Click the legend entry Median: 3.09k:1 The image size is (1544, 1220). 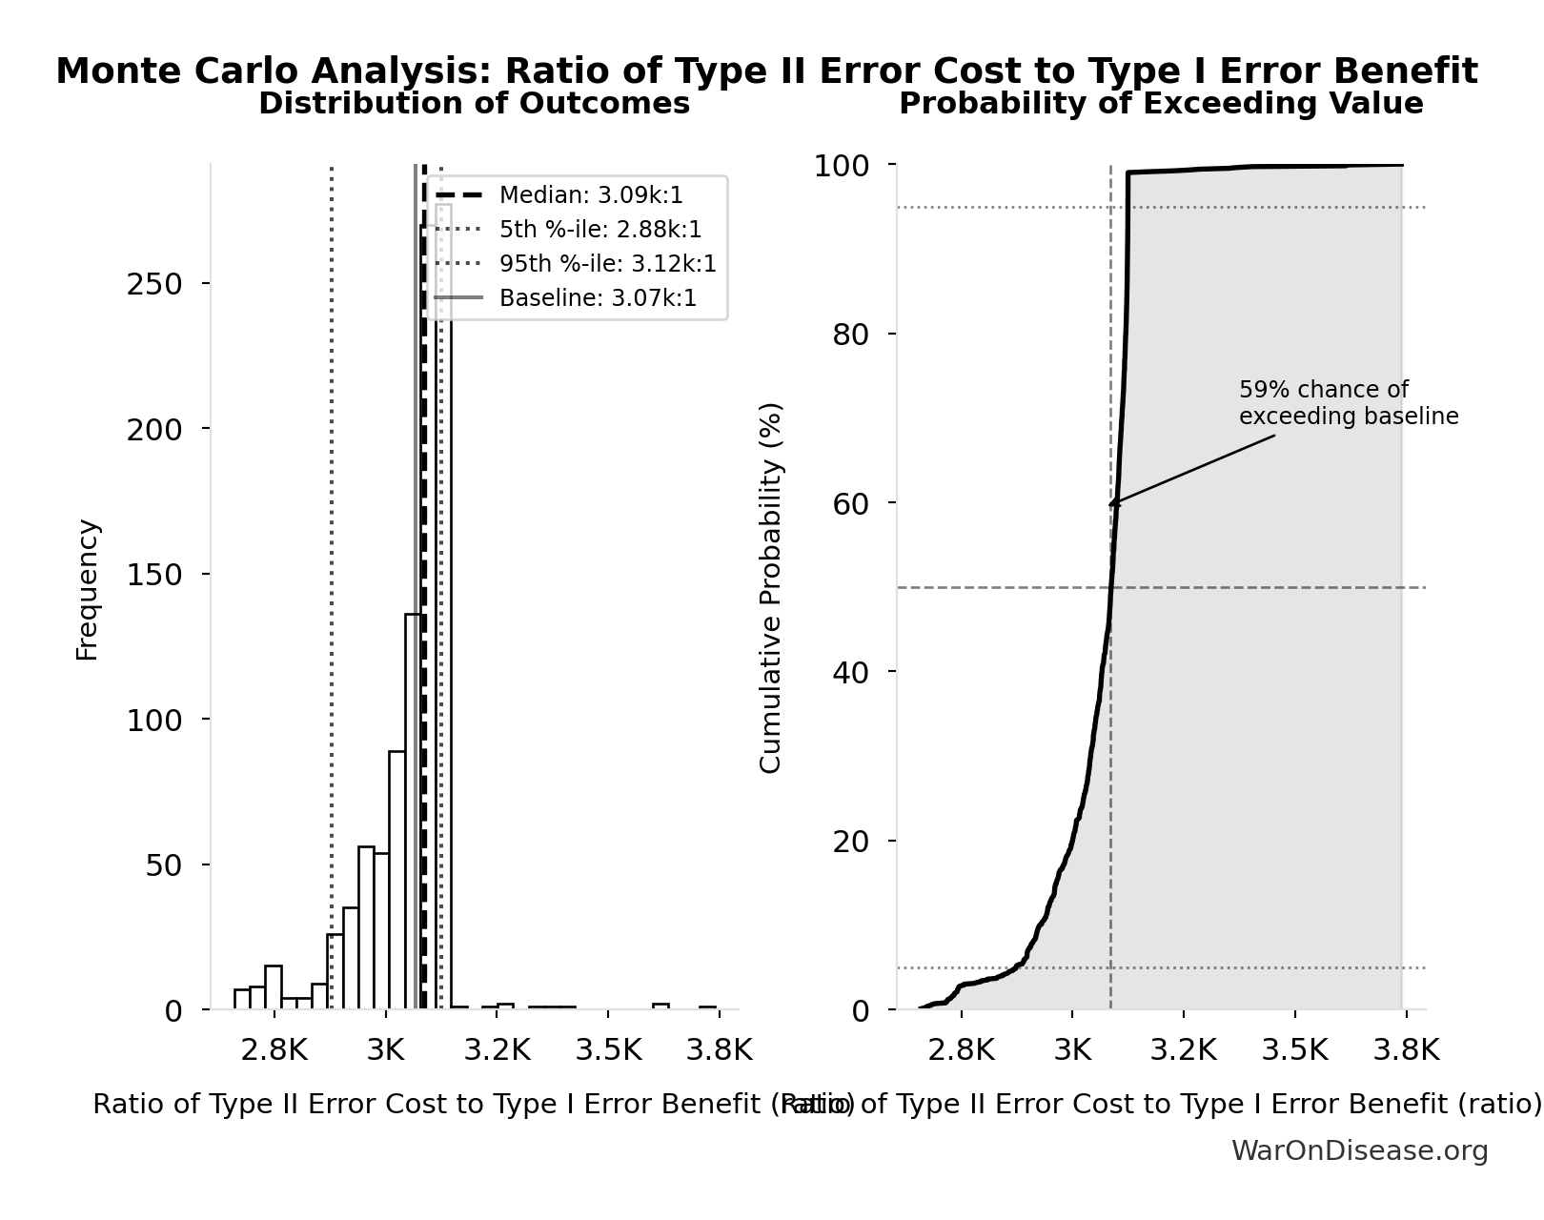click(591, 195)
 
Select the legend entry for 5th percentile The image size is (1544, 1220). click(600, 230)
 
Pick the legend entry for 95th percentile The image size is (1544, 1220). click(607, 264)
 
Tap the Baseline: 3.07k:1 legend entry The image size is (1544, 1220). click(598, 298)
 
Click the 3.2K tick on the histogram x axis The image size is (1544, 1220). click(497, 1050)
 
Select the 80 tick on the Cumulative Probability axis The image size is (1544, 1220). click(851, 335)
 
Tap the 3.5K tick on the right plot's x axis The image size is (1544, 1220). click(1294, 1050)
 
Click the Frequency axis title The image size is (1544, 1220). click(87, 589)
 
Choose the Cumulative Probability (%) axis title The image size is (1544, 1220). click(770, 587)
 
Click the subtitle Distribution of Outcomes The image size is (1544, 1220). click(474, 103)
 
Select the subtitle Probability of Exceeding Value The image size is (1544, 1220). click(1161, 103)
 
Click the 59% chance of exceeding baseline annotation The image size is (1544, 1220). click(1348, 403)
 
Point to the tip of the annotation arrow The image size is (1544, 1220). click(1110, 505)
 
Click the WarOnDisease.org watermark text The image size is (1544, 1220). click(1359, 1150)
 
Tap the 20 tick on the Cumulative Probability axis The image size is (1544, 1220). click(851, 842)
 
